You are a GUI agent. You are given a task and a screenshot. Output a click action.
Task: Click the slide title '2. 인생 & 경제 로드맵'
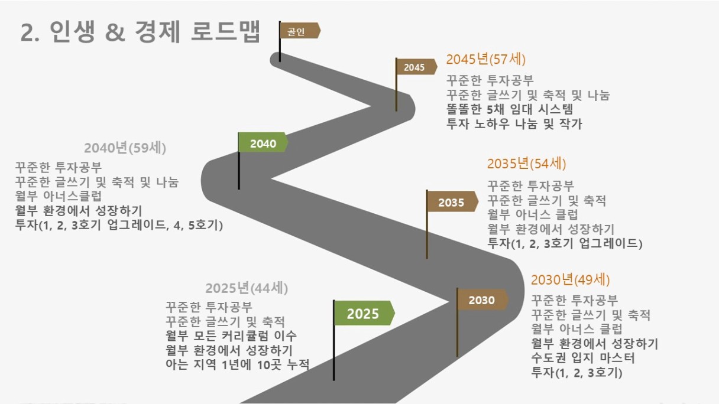coord(140,31)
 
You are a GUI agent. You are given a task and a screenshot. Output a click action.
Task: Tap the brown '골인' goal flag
coord(300,31)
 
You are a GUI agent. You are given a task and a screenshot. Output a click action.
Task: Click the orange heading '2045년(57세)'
coord(485,59)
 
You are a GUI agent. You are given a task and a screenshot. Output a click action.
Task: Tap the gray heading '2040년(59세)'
coord(125,148)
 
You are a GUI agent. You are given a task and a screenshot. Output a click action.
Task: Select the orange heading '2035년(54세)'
coord(526,164)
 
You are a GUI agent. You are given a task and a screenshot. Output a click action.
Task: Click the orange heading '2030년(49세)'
coord(570,279)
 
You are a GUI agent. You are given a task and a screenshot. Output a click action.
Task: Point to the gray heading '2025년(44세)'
coord(247,288)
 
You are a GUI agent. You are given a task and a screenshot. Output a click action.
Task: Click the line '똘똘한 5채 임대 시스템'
coord(510,109)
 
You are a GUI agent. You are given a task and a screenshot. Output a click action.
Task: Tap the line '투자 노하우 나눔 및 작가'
coord(514,124)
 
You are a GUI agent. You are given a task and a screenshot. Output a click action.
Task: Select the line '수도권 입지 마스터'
coord(583,358)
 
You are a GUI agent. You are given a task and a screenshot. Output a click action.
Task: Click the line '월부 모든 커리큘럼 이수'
coord(231,335)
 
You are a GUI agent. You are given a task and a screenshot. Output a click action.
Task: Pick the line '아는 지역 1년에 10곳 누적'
coord(238,364)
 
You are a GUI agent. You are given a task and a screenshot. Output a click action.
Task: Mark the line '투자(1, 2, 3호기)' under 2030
coord(577,373)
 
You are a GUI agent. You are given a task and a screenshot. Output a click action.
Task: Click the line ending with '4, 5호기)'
coord(119,225)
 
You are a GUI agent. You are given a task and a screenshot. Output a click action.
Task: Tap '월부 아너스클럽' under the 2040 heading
coord(59,196)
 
